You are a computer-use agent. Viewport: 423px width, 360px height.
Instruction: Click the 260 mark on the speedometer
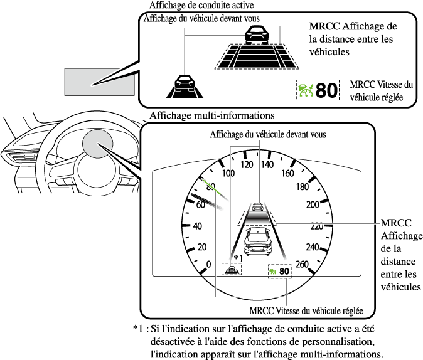[303, 264]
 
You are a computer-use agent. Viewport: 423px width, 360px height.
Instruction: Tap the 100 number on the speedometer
[228, 173]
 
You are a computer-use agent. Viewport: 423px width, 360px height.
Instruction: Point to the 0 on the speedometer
[209, 264]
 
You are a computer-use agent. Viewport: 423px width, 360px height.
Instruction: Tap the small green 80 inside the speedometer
[285, 272]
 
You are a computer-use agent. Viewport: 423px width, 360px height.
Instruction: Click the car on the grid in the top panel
[254, 35]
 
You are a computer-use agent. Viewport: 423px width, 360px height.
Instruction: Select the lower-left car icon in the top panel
[183, 82]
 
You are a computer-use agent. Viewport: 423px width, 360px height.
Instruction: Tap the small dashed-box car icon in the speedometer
[233, 271]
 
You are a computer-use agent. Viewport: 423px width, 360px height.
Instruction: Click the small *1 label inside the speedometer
[237, 258]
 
